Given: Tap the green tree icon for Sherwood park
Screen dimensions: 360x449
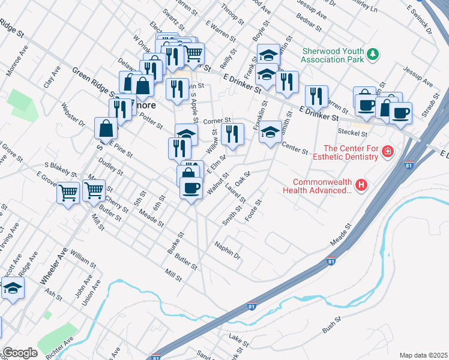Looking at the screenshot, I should [x=373, y=55].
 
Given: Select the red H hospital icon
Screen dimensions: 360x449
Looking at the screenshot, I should [x=361, y=185].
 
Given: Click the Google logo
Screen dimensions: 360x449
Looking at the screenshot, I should [x=20, y=353].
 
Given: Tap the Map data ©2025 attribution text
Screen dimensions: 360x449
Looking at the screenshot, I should [x=424, y=355].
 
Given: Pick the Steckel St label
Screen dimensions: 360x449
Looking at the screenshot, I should [x=352, y=133].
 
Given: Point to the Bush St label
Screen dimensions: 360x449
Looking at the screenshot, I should [x=331, y=326].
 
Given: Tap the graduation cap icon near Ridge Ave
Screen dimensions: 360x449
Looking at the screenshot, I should [x=12, y=289].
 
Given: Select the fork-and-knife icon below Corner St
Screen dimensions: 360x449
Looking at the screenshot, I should [x=232, y=134].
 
